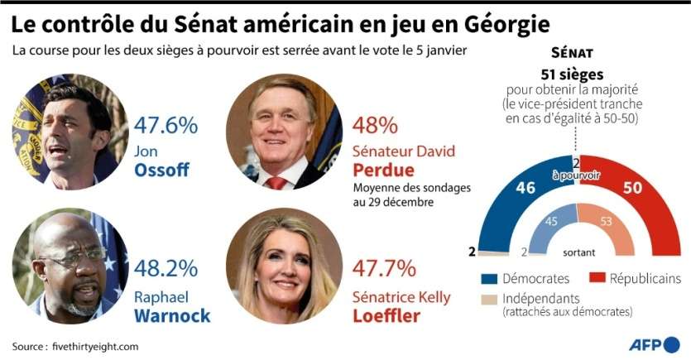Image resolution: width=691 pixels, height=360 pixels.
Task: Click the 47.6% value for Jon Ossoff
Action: [166, 126]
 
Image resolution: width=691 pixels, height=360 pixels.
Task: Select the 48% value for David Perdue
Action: [375, 126]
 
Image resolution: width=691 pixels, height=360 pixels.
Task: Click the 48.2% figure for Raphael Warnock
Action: [166, 269]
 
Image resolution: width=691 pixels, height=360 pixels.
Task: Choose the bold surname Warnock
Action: [172, 315]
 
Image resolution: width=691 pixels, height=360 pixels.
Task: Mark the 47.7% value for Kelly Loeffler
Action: [384, 269]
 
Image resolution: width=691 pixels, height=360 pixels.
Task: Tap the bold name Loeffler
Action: [387, 315]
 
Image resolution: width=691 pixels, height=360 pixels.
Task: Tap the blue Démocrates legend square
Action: [488, 278]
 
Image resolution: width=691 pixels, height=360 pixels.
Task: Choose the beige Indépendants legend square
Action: [488, 299]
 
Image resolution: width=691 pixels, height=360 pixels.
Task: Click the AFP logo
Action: [652, 344]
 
